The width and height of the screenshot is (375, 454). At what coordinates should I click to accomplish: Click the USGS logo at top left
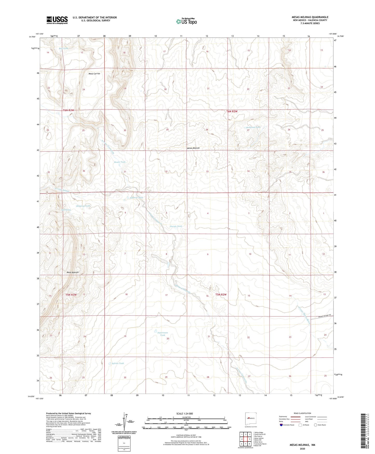57,20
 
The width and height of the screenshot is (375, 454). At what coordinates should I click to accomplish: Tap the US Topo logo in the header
186,21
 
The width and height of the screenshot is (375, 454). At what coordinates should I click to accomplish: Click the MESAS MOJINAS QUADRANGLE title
310,17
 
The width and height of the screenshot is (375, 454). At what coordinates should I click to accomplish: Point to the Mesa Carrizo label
94,74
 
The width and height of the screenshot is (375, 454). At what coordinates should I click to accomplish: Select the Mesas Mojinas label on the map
193,148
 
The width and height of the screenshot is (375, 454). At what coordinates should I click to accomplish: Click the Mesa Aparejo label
72,272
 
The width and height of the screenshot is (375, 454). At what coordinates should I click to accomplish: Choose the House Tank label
120,162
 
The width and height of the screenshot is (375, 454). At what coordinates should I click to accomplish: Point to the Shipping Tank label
83,206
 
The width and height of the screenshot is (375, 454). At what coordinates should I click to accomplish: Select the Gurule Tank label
176,226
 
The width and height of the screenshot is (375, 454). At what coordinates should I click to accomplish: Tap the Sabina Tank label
118,363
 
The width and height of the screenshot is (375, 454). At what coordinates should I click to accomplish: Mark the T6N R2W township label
232,111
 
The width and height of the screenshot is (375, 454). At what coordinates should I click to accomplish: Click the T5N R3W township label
71,295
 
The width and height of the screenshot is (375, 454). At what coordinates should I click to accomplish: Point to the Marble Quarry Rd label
325,316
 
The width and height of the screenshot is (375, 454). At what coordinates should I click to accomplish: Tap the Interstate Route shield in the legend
281,425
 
